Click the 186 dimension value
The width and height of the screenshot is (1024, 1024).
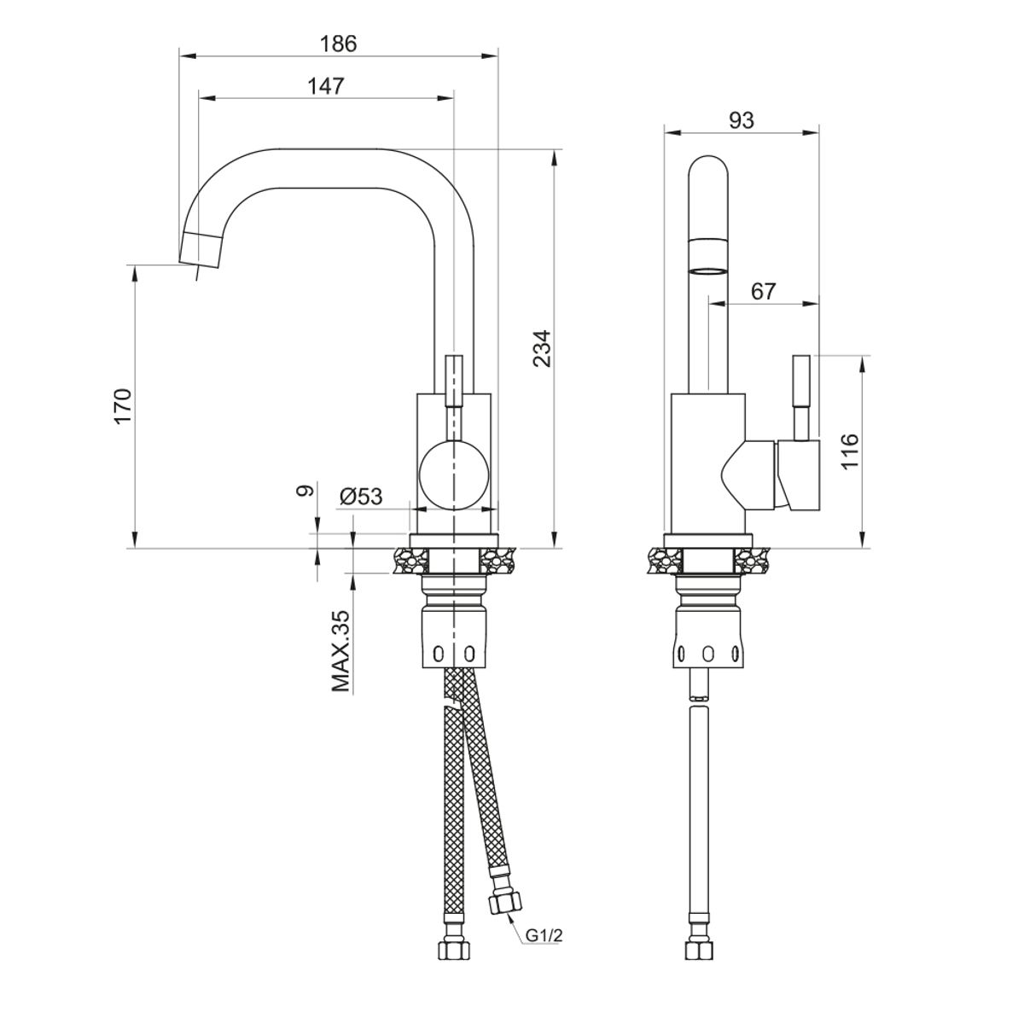tap(337, 44)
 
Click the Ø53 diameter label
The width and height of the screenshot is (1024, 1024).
tap(360, 497)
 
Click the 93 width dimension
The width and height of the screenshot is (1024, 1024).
tap(742, 120)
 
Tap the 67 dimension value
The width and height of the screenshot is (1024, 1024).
tap(763, 291)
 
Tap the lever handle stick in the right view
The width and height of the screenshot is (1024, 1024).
tap(803, 396)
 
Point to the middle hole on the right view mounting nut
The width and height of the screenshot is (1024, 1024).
tap(707, 655)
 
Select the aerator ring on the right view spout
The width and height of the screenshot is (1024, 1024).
tap(709, 272)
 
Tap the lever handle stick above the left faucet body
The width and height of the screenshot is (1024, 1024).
tap(455, 381)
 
